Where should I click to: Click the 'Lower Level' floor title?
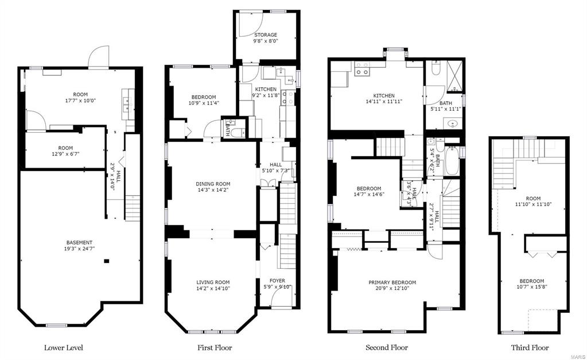[x=64, y=347]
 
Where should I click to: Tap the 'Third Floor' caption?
[x=530, y=347]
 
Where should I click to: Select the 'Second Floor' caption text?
[x=387, y=347]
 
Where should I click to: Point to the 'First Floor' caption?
[x=215, y=347]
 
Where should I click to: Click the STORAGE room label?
[x=266, y=35]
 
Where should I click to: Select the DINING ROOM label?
[x=213, y=184]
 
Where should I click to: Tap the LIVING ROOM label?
[x=213, y=282]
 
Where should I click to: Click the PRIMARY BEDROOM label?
[x=392, y=282]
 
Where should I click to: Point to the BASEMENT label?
[x=79, y=242]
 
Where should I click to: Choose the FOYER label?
[x=277, y=281]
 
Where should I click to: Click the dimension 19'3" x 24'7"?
[x=79, y=249]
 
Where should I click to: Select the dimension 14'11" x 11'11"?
[x=384, y=102]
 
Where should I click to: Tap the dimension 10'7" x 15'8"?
[x=531, y=287]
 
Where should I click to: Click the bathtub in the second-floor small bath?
[x=452, y=161]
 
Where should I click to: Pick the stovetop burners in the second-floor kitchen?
[x=362, y=68]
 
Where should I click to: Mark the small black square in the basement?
[x=107, y=261]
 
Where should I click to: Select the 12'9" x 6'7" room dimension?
[x=65, y=154]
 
